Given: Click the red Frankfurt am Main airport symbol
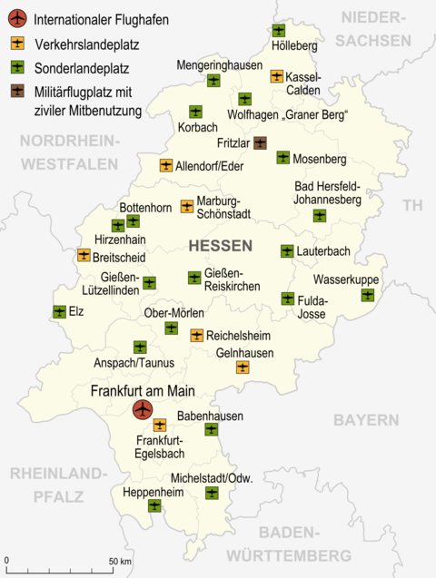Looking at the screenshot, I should tap(142, 411).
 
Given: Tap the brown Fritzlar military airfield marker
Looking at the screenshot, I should tap(260, 142).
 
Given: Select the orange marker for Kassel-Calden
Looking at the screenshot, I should tap(277, 76).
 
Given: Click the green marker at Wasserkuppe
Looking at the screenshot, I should tap(368, 295).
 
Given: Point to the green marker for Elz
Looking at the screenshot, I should tap(60, 312).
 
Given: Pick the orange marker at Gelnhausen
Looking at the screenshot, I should tap(243, 367).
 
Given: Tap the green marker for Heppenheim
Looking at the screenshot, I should tap(154, 505).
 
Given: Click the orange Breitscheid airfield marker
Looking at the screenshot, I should tap(84, 255).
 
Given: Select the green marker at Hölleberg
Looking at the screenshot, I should tap(279, 31).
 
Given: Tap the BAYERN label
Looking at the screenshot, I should tap(365, 420).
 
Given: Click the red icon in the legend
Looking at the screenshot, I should tap(18, 18).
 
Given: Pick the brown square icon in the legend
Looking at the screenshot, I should tap(18, 90).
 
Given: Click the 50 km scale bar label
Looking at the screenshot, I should tap(121, 561).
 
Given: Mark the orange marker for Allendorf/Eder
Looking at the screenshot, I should tap(166, 166).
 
